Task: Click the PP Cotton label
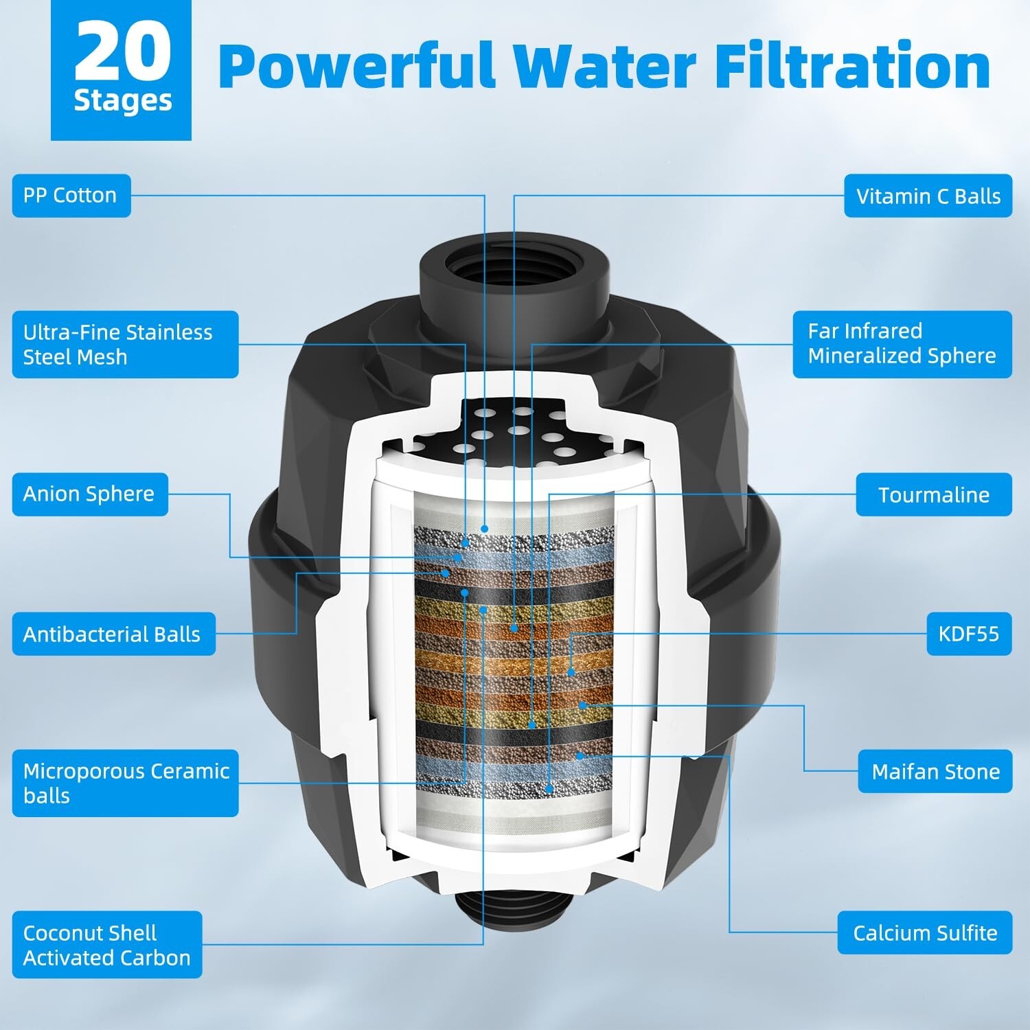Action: pos(71,196)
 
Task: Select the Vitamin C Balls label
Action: pos(928,196)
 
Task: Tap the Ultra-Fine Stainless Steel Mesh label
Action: pos(125,345)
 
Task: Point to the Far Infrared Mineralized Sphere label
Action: pos(902,344)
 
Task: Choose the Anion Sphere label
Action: pos(90,494)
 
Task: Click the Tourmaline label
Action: pos(933,495)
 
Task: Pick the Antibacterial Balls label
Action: pos(113,634)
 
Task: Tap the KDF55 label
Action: pos(969,633)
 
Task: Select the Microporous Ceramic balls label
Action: pos(125,783)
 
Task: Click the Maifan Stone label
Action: pos(935,772)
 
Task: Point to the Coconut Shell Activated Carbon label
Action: pos(107,945)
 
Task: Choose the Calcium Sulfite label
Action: pos(924,933)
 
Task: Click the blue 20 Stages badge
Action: pos(122,69)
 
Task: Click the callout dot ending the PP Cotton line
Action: pos(485,529)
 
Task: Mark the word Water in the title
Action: pos(604,67)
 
